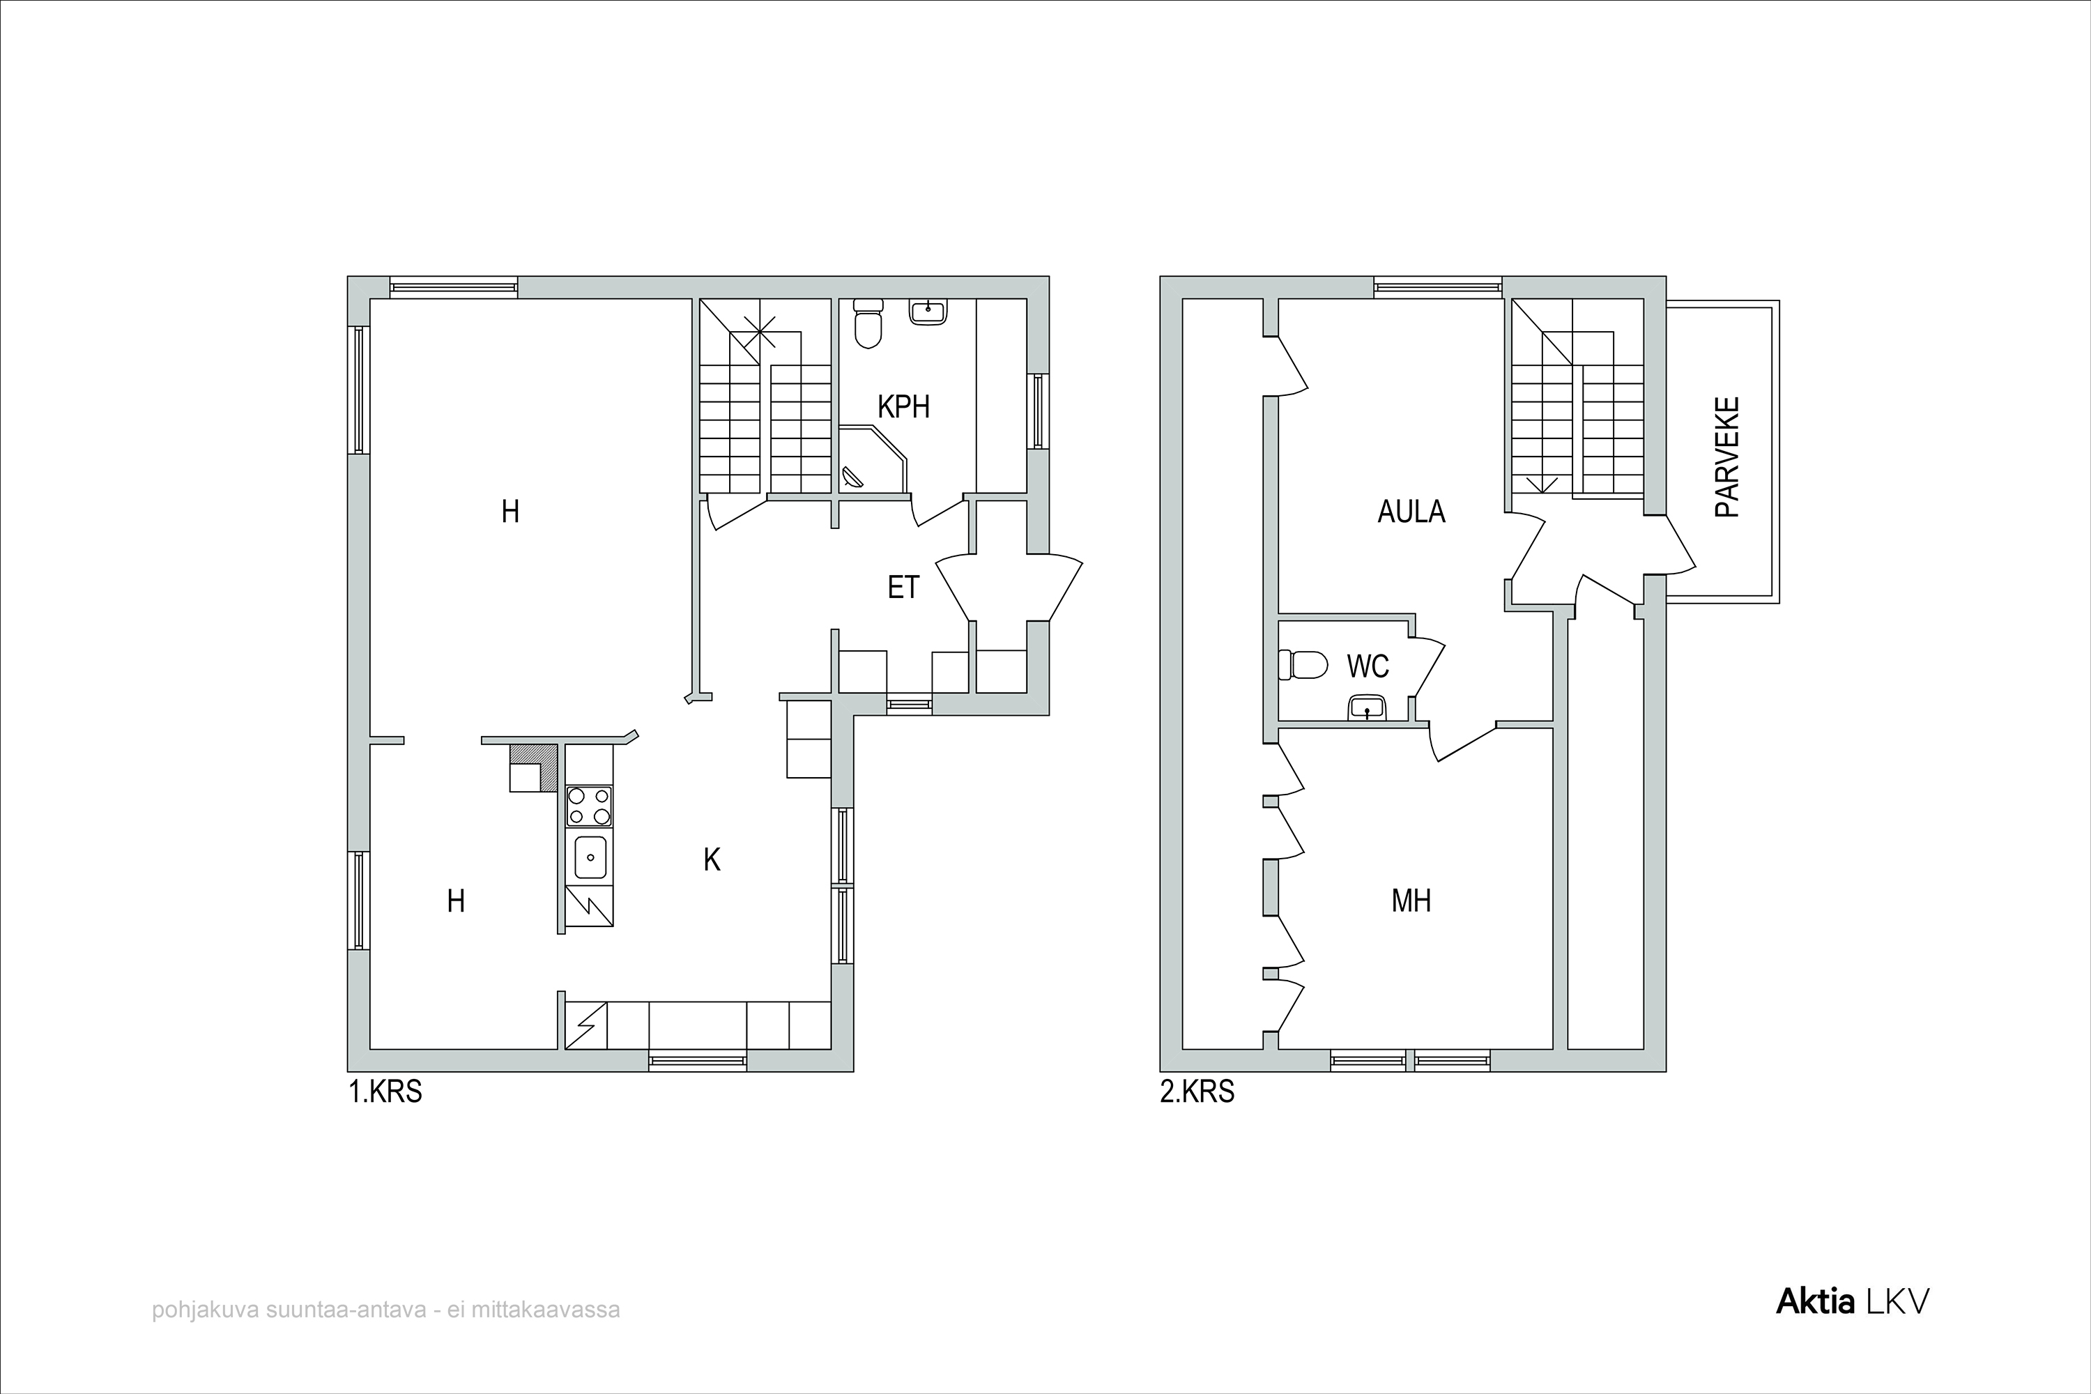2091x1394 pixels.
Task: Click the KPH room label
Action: tap(903, 407)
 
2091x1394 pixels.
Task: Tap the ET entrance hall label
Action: tap(903, 588)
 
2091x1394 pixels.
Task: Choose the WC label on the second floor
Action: tap(1368, 667)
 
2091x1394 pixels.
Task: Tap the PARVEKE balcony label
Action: tap(1726, 457)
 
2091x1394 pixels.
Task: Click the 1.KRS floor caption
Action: tap(385, 1092)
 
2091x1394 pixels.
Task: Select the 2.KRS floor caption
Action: tap(1197, 1092)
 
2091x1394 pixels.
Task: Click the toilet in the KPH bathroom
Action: tap(867, 323)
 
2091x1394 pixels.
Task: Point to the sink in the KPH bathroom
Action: tap(928, 310)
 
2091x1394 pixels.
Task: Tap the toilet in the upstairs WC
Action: tap(1301, 665)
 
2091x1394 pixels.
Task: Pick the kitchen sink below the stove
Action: tap(590, 858)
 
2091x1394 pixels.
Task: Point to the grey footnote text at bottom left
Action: tap(386, 1310)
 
